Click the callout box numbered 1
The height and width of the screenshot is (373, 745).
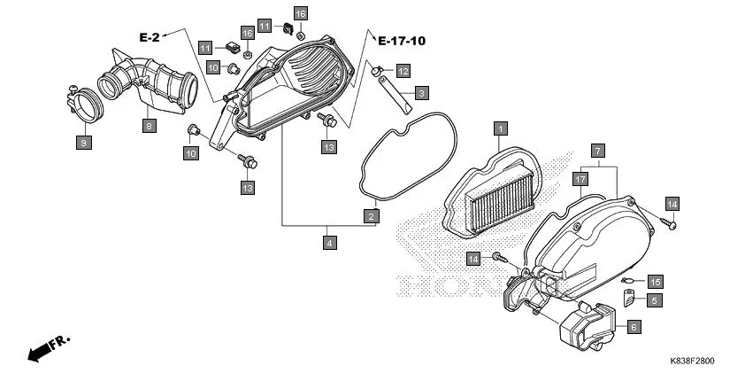[500, 128]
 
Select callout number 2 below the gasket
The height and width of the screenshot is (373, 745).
[372, 216]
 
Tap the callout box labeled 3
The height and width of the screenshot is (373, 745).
[421, 92]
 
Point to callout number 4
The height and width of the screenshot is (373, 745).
[329, 242]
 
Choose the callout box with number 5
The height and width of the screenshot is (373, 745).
[655, 300]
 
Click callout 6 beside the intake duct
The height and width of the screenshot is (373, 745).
[634, 327]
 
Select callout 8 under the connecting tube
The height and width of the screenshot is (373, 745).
[150, 126]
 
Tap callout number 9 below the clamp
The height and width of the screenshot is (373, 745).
[83, 141]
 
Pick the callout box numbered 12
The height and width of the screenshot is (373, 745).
[403, 70]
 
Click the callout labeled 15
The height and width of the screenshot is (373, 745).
[655, 281]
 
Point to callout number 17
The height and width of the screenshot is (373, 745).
[580, 180]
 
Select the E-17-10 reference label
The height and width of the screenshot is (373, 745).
[401, 41]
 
